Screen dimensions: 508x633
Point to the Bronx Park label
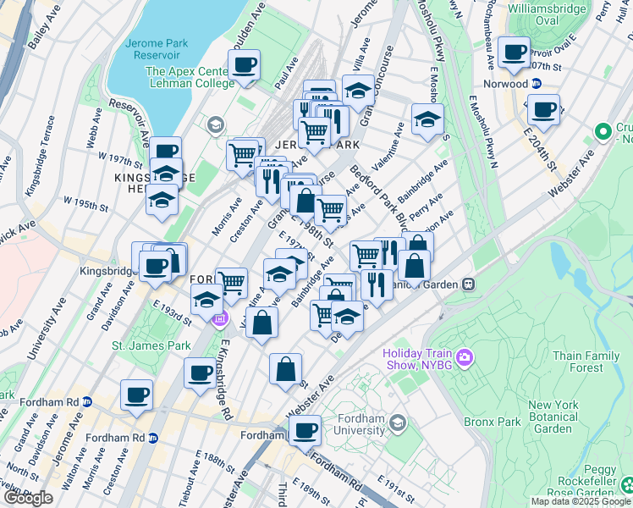point(490,421)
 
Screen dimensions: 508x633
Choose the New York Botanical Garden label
point(553,417)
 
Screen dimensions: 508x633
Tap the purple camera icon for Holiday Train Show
point(464,359)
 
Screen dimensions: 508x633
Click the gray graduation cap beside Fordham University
point(395,422)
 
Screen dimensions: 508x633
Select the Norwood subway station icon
point(537,83)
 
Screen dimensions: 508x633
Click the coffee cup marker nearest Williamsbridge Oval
point(514,53)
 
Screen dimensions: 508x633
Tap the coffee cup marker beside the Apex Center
point(244,65)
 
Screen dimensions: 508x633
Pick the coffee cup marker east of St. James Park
point(201,373)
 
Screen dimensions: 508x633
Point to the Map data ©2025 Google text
point(581,501)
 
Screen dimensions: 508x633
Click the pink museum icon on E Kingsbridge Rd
point(219,318)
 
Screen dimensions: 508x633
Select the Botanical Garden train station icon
point(467,285)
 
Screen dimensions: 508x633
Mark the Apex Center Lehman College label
point(190,78)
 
